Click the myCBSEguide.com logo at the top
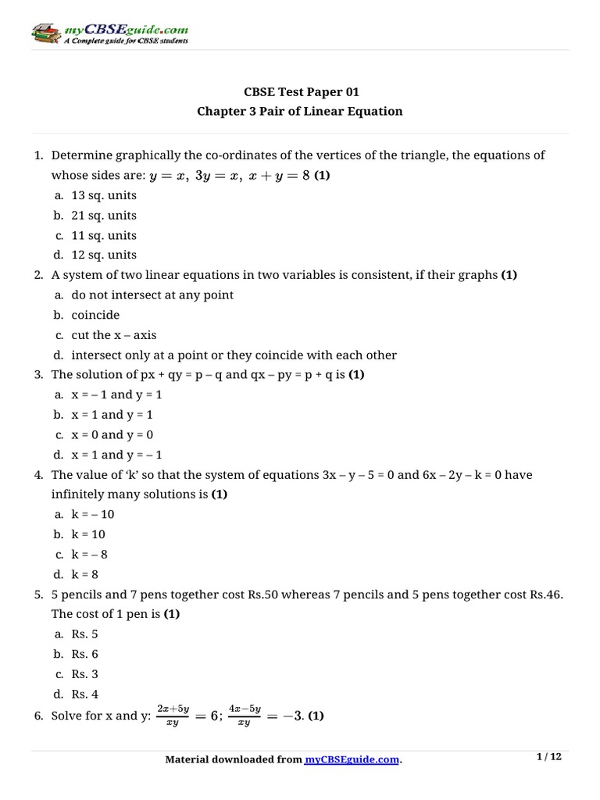[x=110, y=34]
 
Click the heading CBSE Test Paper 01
[x=300, y=91]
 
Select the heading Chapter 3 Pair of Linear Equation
[x=300, y=111]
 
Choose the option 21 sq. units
[x=103, y=215]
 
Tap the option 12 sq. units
[x=103, y=255]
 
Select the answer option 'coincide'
[x=95, y=315]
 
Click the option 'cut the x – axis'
[x=113, y=335]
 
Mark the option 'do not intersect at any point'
[x=152, y=295]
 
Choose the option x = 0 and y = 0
[x=112, y=434]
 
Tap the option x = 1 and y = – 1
[x=116, y=455]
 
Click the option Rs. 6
[x=84, y=654]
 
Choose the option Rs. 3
[x=84, y=674]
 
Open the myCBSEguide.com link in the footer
[x=352, y=759]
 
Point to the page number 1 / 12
[x=549, y=757]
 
